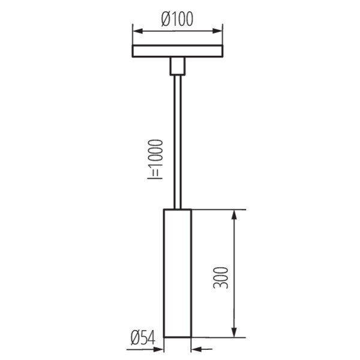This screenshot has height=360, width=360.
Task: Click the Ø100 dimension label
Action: click(x=177, y=19)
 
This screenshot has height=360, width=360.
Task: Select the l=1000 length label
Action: click(x=155, y=159)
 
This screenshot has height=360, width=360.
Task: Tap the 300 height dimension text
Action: click(x=221, y=278)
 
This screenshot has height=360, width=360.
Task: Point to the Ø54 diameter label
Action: click(x=143, y=337)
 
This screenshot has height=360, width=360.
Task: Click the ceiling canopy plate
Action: click(x=178, y=51)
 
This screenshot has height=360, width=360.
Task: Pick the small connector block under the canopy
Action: click(x=178, y=66)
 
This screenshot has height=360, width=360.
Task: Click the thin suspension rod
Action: click(x=178, y=142)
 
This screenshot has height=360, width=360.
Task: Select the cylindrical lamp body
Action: click(x=178, y=273)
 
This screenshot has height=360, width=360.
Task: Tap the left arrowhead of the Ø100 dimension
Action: click(x=138, y=31)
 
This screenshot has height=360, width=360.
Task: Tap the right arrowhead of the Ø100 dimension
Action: click(x=217, y=31)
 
